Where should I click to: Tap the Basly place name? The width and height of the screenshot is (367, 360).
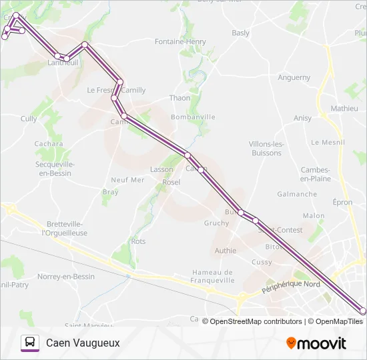click(240, 33)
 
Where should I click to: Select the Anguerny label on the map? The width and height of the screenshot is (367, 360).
click(294, 77)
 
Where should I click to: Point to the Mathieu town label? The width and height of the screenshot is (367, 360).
click(344, 108)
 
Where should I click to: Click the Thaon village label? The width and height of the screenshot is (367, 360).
click(179, 98)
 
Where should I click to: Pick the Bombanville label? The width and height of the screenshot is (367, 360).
click(193, 117)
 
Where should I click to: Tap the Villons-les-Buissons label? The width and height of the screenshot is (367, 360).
click(266, 148)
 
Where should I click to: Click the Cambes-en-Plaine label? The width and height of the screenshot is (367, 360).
click(316, 174)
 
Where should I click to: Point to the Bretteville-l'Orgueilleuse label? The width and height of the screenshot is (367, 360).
click(65, 229)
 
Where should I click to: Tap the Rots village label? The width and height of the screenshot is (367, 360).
click(138, 241)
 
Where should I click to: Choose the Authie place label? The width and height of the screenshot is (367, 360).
click(226, 251)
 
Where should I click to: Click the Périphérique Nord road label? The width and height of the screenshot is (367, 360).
click(291, 287)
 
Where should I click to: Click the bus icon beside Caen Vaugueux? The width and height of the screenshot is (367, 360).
click(30, 343)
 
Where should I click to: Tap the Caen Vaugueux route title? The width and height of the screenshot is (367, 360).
click(83, 343)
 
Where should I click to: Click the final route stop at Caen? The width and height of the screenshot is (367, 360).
click(363, 311)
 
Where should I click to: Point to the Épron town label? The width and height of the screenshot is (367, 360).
click(342, 201)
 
